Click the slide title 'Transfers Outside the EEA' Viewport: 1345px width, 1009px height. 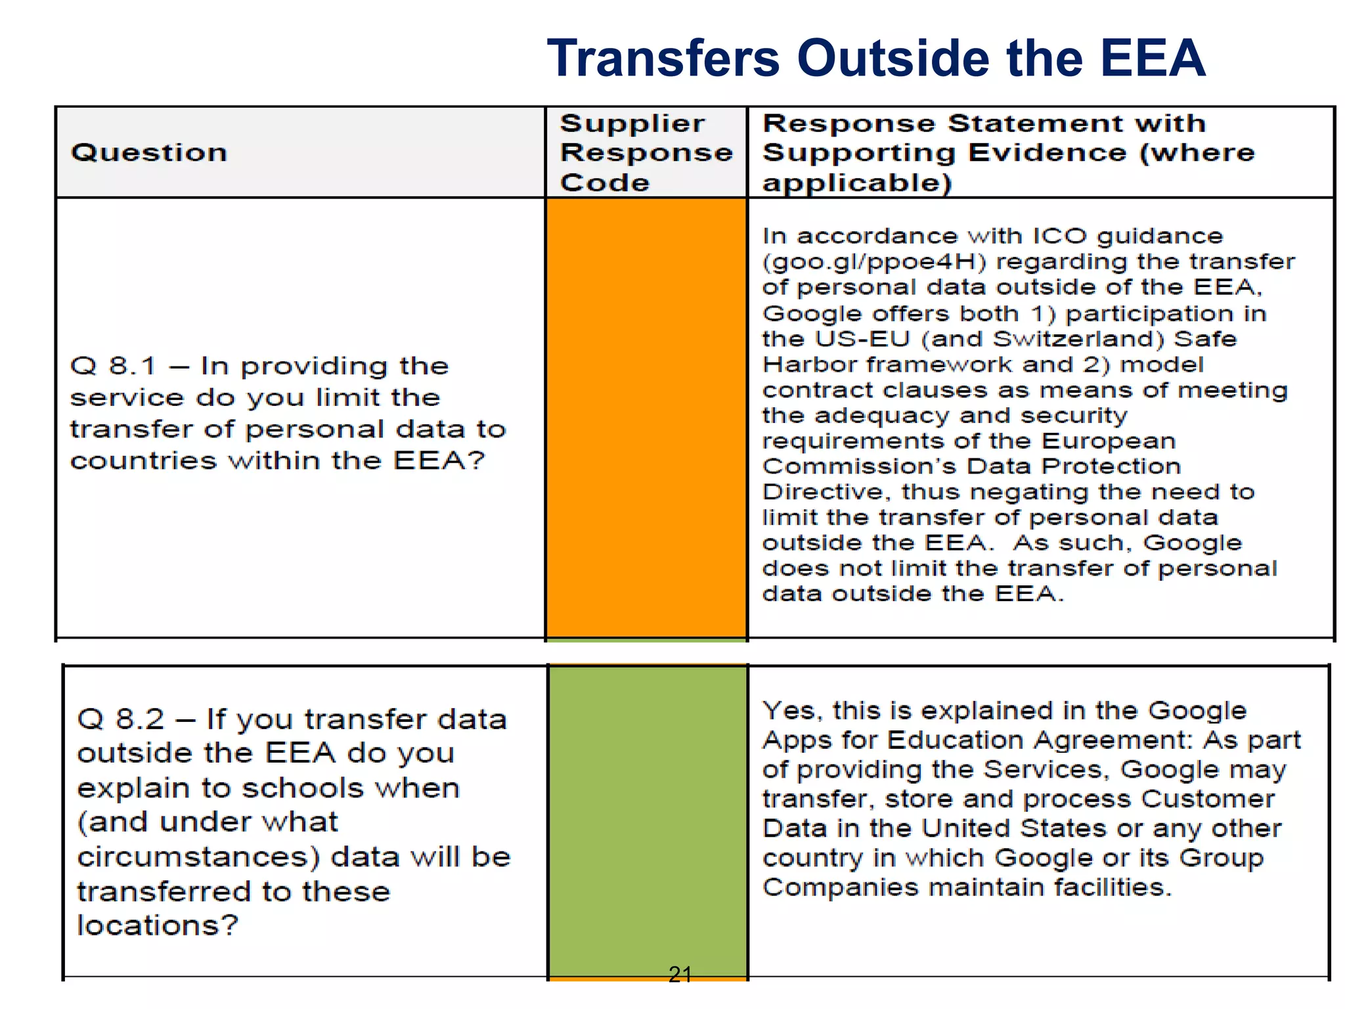point(876,58)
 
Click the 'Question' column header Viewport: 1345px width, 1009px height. point(149,152)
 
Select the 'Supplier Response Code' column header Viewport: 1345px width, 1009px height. point(646,152)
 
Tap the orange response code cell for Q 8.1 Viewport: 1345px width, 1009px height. point(646,417)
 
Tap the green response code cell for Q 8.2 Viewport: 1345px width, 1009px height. point(648,815)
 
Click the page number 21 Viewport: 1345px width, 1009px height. point(680,974)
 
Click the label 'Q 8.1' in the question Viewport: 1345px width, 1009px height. point(113,366)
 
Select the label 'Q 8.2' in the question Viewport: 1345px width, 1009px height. point(120,719)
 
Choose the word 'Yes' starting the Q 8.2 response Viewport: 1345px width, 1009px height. point(788,711)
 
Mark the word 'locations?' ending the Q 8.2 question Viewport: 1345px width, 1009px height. point(158,926)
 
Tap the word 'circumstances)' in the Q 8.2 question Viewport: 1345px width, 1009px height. point(198,857)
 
